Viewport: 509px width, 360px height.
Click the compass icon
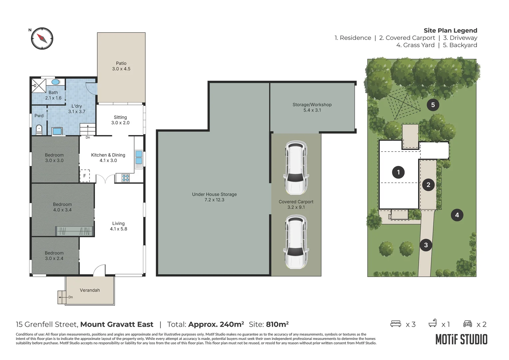pos(42,38)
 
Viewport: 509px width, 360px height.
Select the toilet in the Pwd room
pos(39,129)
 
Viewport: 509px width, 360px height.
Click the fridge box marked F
pos(85,176)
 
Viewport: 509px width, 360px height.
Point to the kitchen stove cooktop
pos(126,178)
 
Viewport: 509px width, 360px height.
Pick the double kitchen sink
pos(139,158)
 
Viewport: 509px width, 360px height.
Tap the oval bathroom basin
pos(56,82)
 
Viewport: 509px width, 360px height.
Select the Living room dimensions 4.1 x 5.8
pos(119,229)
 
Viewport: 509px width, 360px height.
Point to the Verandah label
pos(90,290)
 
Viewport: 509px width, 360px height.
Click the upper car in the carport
pos(295,168)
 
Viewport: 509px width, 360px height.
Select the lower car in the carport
pos(295,242)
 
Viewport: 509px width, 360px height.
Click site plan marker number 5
pos(433,105)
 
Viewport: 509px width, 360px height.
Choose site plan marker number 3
pos(426,245)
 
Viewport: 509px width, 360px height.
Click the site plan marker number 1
pos(398,172)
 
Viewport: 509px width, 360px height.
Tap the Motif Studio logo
pos(461,339)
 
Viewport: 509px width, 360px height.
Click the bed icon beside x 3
pos(396,324)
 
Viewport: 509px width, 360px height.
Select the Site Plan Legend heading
pos(450,30)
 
